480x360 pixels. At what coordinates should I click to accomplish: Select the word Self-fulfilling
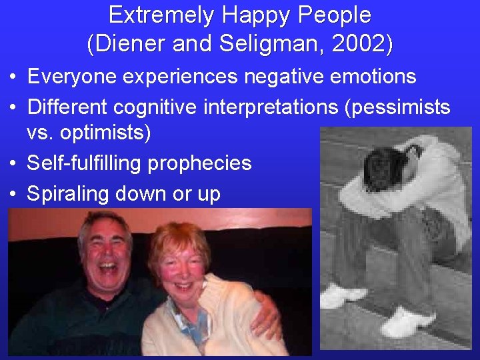[88, 163]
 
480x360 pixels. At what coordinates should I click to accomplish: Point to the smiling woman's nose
[181, 273]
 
